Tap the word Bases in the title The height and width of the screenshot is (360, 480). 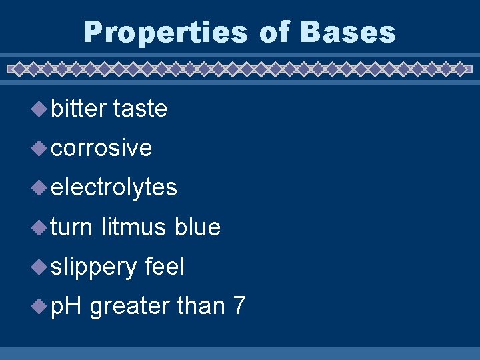347,32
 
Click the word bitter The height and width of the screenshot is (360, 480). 78,108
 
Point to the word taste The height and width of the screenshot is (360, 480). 140,108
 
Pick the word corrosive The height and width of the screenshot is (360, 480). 101,148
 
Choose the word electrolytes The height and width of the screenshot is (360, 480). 114,187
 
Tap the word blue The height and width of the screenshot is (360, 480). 197,227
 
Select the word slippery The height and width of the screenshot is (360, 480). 93,267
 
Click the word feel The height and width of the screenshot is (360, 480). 164,267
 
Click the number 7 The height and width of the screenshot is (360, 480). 239,307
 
